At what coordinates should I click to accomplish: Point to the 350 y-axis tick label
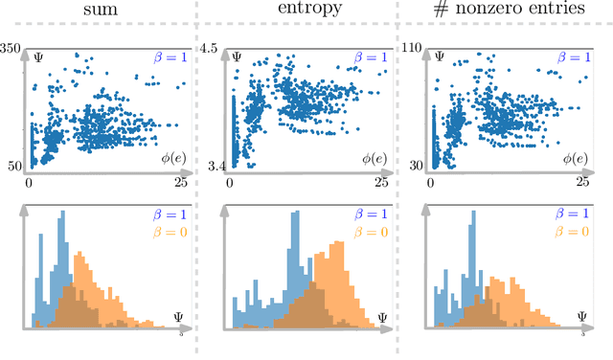tap(13, 48)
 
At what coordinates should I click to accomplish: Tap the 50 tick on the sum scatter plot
tap(13, 166)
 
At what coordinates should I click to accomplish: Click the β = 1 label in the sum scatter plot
tap(167, 58)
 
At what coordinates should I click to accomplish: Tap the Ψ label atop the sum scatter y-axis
tap(37, 56)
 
